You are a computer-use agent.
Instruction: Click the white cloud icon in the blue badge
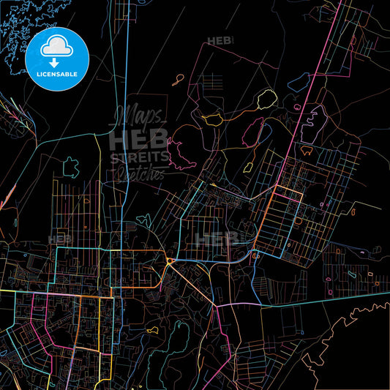56,45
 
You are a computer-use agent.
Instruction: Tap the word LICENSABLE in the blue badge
56,74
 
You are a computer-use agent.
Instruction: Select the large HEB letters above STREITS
138,138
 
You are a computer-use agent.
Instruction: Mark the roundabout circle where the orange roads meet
170,261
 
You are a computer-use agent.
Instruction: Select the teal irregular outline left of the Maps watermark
70,168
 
